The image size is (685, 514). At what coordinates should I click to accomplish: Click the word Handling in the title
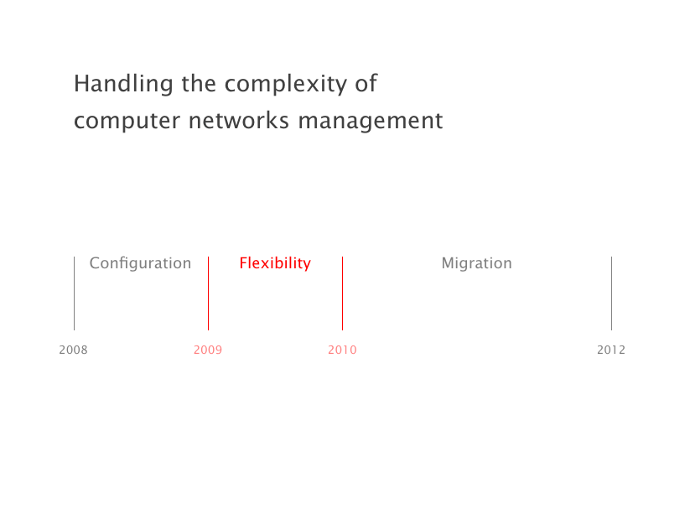click(123, 84)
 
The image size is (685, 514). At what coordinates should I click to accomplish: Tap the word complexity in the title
click(286, 84)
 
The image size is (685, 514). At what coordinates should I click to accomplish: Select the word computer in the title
click(127, 121)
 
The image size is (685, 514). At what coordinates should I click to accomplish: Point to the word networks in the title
click(239, 120)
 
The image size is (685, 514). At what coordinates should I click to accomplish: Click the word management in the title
click(371, 121)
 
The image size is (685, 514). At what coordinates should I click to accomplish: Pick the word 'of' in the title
click(366, 83)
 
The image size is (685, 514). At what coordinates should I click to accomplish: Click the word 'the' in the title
click(199, 83)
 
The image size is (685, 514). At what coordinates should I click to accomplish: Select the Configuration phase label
click(140, 263)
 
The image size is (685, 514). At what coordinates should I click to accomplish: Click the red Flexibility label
click(275, 263)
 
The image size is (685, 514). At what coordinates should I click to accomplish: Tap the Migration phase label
click(476, 263)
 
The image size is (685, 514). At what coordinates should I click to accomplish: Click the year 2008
click(74, 350)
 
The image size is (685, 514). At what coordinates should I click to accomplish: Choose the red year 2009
click(208, 350)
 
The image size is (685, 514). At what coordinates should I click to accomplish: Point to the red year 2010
click(342, 350)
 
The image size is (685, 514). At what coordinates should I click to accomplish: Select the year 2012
click(611, 350)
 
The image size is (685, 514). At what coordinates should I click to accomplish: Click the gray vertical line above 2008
click(75, 293)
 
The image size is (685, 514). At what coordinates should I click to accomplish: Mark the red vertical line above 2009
click(209, 293)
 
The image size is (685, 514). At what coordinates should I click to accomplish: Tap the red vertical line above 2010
click(342, 293)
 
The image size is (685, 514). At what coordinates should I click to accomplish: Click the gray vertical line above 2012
click(611, 293)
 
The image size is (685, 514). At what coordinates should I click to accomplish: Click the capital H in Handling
click(81, 84)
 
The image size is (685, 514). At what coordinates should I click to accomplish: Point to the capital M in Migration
click(449, 263)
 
